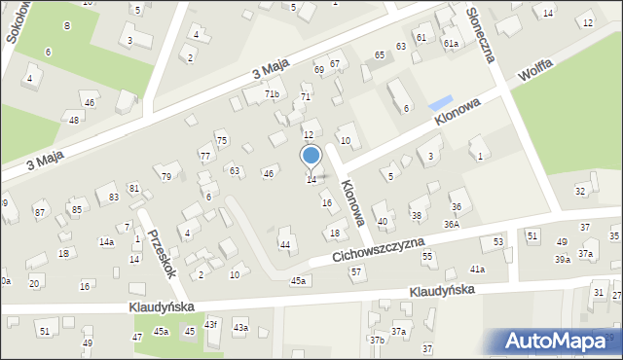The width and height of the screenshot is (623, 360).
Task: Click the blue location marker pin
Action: click(311, 156)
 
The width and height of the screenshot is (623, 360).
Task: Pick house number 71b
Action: click(272, 94)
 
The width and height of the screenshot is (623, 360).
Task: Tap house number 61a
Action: click(451, 45)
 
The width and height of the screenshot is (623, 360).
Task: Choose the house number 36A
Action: click(452, 225)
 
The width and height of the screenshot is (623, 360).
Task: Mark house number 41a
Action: click(477, 270)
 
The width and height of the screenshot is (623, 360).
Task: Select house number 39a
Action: click(563, 260)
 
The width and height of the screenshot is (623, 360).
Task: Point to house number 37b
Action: click(377, 340)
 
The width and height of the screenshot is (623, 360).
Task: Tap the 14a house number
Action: click(106, 242)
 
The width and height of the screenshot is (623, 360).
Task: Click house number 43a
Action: click(240, 328)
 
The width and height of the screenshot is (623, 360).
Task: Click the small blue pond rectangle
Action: click(441, 102)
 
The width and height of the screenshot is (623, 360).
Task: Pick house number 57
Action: click(357, 271)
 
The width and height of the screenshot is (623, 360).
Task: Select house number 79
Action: click(166, 177)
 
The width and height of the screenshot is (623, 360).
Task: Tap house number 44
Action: click(285, 245)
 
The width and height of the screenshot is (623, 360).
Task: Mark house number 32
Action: click(580, 191)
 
